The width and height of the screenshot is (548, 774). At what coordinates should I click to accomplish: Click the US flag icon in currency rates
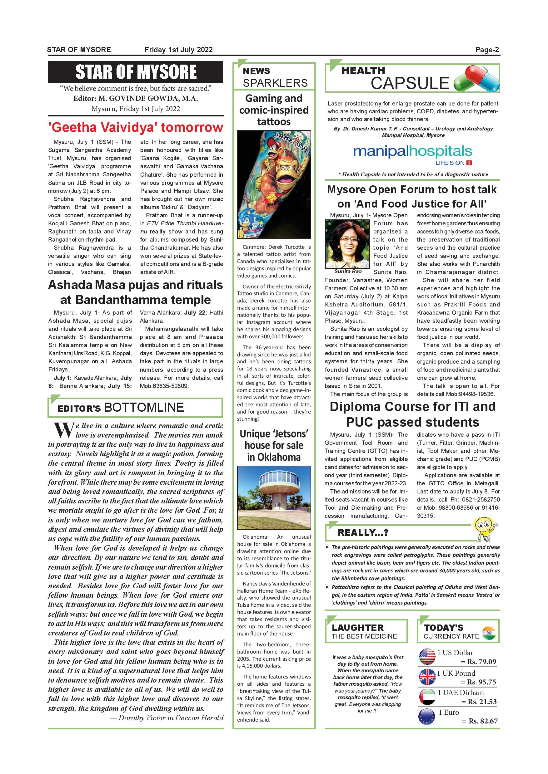pyautogui.click(x=427, y=656)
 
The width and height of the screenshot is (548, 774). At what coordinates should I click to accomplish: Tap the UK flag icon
pyautogui.click(x=427, y=677)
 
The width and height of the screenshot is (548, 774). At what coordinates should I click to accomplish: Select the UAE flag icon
pyautogui.click(x=427, y=697)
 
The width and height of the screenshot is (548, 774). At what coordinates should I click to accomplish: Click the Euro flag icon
pyautogui.click(x=427, y=717)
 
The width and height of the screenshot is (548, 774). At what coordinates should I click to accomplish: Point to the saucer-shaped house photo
pyautogui.click(x=274, y=497)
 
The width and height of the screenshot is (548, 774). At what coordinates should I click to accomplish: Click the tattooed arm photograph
pyautogui.click(x=274, y=184)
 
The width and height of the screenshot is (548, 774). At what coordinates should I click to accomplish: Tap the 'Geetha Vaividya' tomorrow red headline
pyautogui.click(x=136, y=127)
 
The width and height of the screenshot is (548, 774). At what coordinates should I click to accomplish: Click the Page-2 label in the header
pyautogui.click(x=487, y=50)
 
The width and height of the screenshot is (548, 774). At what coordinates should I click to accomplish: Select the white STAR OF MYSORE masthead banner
pyautogui.click(x=136, y=72)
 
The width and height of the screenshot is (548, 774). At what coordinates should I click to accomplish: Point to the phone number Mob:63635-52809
pyautogui.click(x=164, y=386)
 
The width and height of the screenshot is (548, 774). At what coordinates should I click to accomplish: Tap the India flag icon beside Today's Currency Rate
pyautogui.click(x=489, y=633)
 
